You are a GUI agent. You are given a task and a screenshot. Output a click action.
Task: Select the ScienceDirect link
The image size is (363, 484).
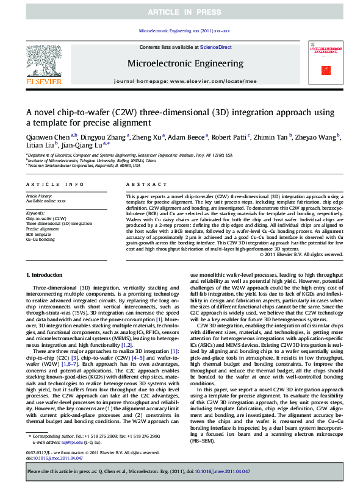pos(216,47)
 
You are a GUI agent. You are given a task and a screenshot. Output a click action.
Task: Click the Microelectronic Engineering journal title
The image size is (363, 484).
pos(185,63)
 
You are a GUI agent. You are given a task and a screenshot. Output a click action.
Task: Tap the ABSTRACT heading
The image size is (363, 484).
pos(142,184)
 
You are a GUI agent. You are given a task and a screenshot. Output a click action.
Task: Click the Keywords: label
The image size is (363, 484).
pos(36,213)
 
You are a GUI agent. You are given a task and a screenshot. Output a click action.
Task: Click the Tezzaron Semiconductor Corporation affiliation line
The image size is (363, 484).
pos(83,165)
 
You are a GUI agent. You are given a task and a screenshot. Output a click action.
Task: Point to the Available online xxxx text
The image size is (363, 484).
pos(45,201)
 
